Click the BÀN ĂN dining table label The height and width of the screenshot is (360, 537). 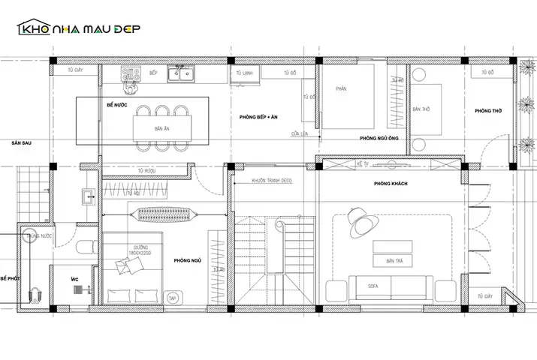tap(161, 130)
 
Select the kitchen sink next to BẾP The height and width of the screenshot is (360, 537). tap(183, 73)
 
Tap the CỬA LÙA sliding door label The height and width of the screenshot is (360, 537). tap(301, 134)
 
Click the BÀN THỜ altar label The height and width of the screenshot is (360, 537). tap(421, 109)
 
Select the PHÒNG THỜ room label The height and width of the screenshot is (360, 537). tap(488, 111)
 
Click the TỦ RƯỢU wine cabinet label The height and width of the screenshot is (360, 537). tap(146, 172)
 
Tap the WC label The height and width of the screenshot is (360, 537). tap(74, 279)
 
